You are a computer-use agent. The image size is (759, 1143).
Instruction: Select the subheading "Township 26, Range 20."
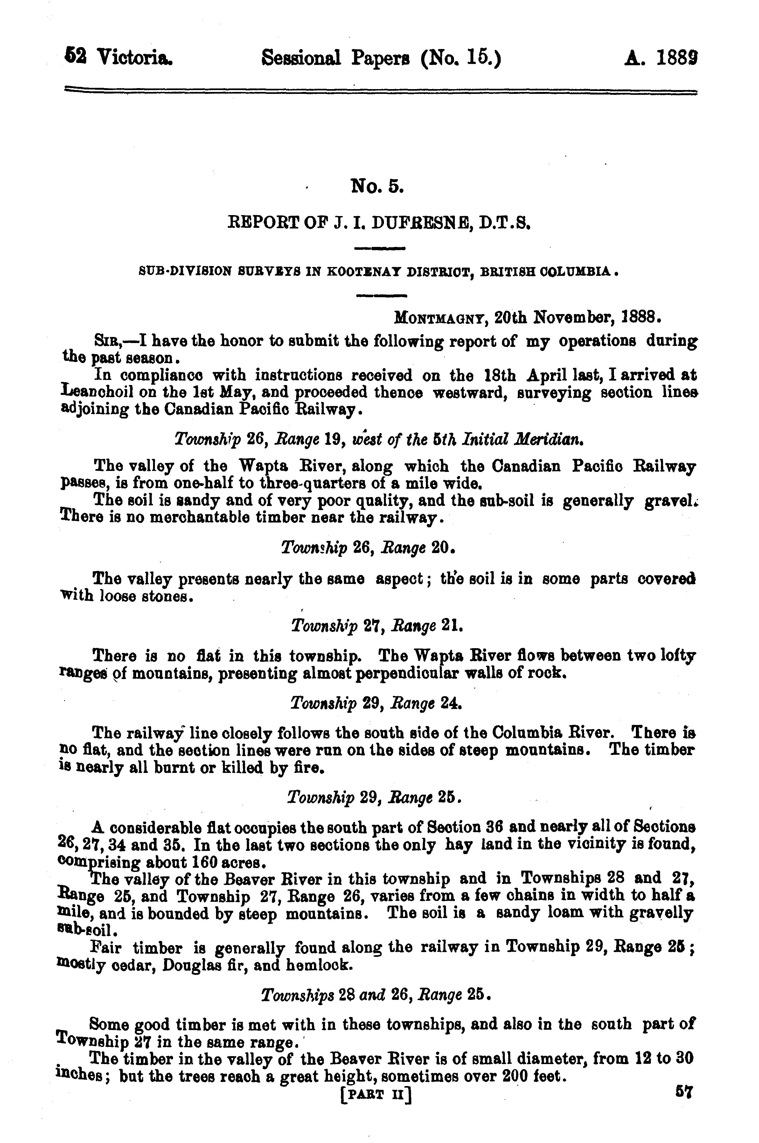(368, 548)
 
